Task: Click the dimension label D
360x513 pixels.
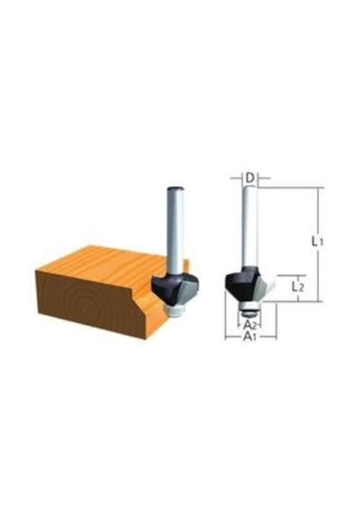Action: pyautogui.click(x=250, y=178)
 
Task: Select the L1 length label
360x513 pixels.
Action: pyautogui.click(x=317, y=242)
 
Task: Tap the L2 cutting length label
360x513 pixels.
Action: pyautogui.click(x=298, y=287)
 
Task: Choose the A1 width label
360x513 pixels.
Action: pyautogui.click(x=249, y=336)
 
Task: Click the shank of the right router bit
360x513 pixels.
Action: pyautogui.click(x=250, y=228)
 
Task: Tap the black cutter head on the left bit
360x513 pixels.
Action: pyautogui.click(x=166, y=289)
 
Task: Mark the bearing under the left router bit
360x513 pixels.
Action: pyautogui.click(x=176, y=310)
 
